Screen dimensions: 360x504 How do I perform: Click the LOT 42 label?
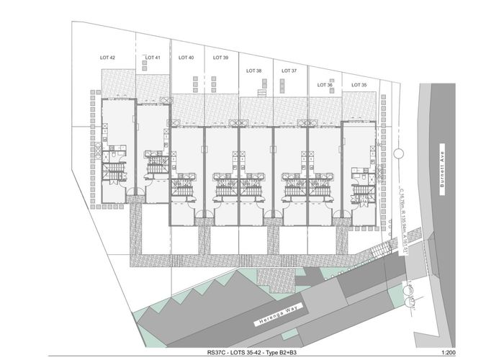pyautogui.click(x=107, y=57)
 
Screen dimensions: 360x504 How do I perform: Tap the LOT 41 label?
pyautogui.click(x=152, y=57)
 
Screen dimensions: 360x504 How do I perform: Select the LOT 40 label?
pyautogui.click(x=186, y=57)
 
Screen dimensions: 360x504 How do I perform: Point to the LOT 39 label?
pyautogui.click(x=221, y=57)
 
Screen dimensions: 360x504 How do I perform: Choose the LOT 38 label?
pyautogui.click(x=254, y=71)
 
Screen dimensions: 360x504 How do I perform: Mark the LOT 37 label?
pyautogui.click(x=289, y=71)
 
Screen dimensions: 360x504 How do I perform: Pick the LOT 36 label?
pyautogui.click(x=325, y=84)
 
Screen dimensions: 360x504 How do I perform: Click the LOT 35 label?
pyautogui.click(x=359, y=84)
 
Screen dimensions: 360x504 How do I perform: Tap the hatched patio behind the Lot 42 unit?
pyautogui.click(x=117, y=84)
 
